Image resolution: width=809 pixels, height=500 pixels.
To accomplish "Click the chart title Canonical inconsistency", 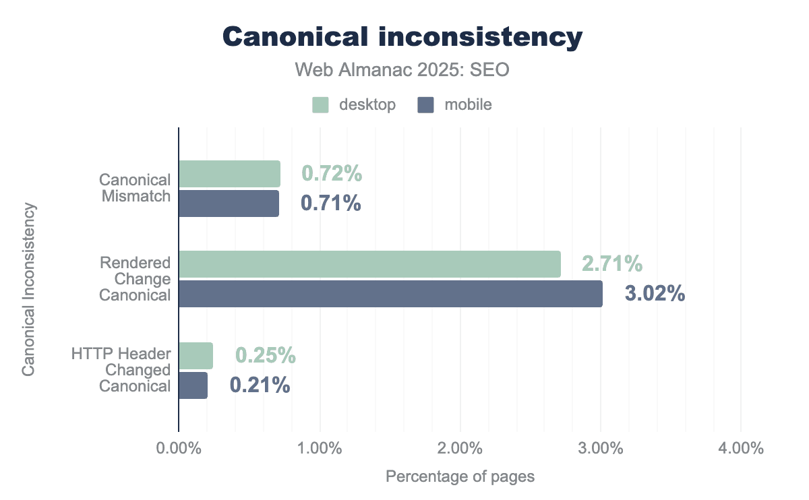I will click(x=402, y=38).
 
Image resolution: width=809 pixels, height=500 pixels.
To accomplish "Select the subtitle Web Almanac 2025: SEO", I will click(x=402, y=71).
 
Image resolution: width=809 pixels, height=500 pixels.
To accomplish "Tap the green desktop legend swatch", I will click(x=320, y=105).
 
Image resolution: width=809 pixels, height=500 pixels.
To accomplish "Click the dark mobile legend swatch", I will click(x=425, y=105).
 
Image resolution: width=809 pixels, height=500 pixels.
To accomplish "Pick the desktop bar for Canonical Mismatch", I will click(x=229, y=174).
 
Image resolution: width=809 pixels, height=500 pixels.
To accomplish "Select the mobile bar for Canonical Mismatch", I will click(x=229, y=204).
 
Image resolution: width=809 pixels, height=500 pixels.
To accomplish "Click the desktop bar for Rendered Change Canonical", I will click(x=369, y=264).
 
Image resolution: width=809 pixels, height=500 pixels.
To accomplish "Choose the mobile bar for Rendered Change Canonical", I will click(x=390, y=294).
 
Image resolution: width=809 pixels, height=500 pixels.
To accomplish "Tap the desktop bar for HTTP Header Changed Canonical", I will click(x=196, y=356).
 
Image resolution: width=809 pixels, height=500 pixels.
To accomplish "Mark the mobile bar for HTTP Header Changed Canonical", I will click(x=193, y=385).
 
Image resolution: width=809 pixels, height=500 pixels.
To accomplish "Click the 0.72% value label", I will click(x=332, y=174).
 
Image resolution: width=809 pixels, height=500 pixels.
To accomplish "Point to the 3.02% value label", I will click(x=655, y=294).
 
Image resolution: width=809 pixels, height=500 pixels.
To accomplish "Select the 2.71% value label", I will click(x=612, y=264).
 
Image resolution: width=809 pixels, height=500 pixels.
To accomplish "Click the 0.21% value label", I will click(x=260, y=385).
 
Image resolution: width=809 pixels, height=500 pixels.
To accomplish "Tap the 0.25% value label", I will click(x=266, y=356).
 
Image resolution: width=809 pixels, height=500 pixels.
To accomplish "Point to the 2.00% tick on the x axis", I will click(x=460, y=449).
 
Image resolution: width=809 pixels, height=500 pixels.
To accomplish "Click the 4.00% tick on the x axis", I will click(x=740, y=449).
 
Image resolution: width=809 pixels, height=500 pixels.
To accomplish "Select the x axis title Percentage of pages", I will click(x=460, y=477).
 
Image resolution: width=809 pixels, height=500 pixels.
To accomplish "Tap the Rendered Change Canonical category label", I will click(x=135, y=279).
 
